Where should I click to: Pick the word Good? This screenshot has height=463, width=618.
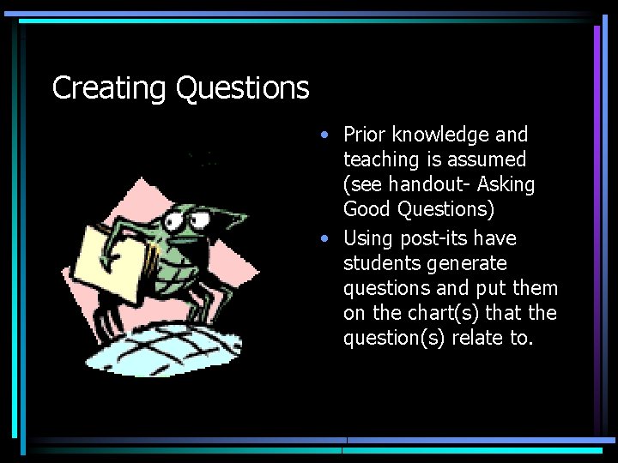click(367, 209)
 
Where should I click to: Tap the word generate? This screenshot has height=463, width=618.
click(469, 263)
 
